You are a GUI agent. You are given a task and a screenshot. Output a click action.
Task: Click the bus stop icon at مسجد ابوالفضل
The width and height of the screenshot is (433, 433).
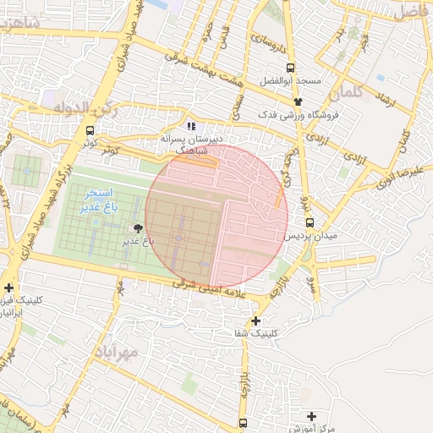[x=290, y=69]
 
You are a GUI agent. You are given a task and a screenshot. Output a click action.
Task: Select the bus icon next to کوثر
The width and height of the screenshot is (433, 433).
[x=90, y=130]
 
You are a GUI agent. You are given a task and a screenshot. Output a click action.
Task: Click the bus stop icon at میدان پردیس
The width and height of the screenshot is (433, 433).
[x=310, y=222]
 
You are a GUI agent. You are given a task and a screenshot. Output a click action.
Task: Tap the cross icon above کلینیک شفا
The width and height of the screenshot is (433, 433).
[x=255, y=321]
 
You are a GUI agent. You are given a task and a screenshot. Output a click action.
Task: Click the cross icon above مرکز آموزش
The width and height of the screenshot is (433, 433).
[x=312, y=417]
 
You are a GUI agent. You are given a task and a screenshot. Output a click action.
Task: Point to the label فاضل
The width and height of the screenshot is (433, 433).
[x=411, y=12]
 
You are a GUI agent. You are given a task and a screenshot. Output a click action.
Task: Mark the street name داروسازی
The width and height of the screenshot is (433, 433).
[x=271, y=42]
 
